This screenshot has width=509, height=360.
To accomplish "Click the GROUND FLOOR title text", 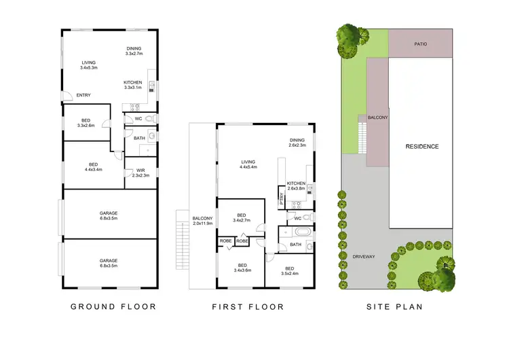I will tap(113, 307).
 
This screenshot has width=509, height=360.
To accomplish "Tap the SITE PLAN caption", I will tap(394, 307).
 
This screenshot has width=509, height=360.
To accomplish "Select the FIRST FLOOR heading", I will tap(248, 307).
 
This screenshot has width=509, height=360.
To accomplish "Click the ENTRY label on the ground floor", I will tap(83, 95).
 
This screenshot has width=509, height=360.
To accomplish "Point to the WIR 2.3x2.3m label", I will tap(140, 173).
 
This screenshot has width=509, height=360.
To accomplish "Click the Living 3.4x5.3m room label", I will tap(89, 65).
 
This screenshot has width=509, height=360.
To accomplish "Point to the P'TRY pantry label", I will tap(282, 199).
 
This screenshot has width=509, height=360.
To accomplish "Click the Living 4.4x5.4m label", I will tap(248, 164).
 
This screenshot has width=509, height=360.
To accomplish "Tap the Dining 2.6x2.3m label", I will tap(297, 143).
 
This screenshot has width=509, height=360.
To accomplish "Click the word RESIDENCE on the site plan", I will tap(421, 147).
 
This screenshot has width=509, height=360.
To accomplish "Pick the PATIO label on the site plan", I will tap(421, 44).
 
